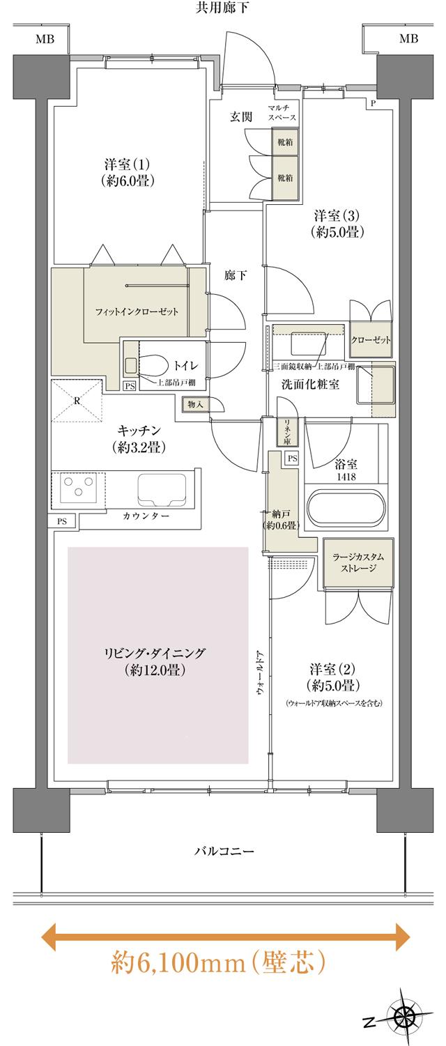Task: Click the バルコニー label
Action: pyautogui.click(x=223, y=852)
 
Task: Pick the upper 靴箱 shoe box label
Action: pyautogui.click(x=284, y=143)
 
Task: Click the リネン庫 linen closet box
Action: pyautogui.click(x=286, y=431)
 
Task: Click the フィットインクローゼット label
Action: pyautogui.click(x=137, y=312)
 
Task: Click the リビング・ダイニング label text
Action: pyautogui.click(x=155, y=661)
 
